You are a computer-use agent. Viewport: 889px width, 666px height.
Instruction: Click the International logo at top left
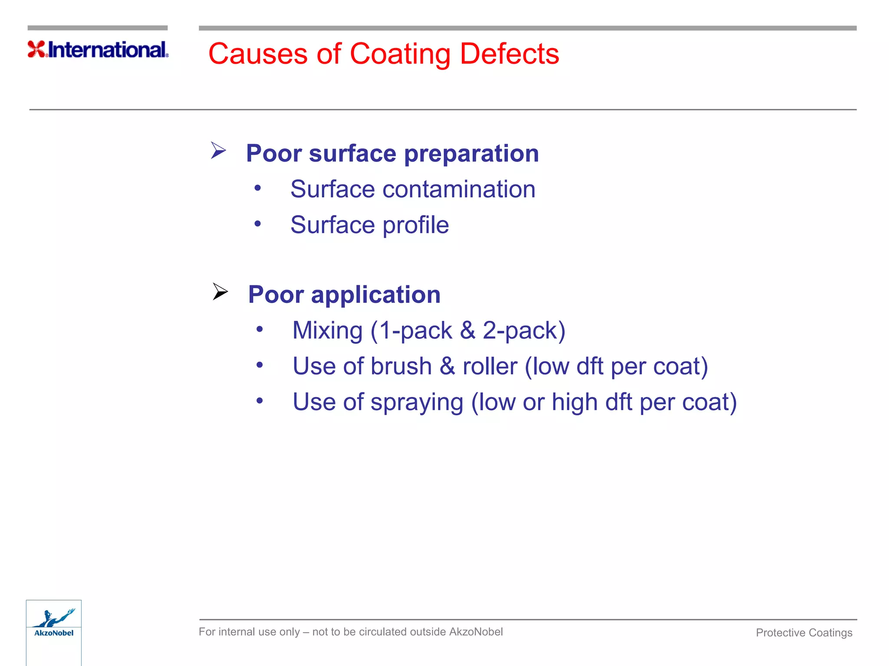pyautogui.click(x=98, y=49)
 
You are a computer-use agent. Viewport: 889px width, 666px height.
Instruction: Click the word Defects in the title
pyautogui.click(x=509, y=54)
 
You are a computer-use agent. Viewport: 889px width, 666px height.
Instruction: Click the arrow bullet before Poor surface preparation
pyautogui.click(x=218, y=150)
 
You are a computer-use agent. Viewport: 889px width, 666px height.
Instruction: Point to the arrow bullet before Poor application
pyautogui.click(x=220, y=291)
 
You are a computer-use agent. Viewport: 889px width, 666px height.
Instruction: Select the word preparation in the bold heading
pyautogui.click(x=471, y=154)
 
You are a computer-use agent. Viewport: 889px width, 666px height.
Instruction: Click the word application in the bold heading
pyautogui.click(x=376, y=295)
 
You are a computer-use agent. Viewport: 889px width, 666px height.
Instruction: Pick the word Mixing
pyautogui.click(x=327, y=331)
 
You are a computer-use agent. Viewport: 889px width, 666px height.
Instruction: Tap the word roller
pyautogui.click(x=490, y=366)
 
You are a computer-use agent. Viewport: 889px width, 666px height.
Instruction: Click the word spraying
pyautogui.click(x=417, y=402)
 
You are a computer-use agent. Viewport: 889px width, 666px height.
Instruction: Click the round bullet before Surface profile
pyautogui.click(x=258, y=224)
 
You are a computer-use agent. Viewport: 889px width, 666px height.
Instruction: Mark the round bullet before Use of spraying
pyautogui.click(x=260, y=401)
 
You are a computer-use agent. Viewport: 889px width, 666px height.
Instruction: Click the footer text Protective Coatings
pyautogui.click(x=804, y=633)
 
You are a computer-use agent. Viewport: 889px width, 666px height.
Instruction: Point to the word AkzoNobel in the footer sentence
pyautogui.click(x=476, y=632)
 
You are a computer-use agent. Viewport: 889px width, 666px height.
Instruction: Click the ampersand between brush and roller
pyautogui.click(x=447, y=366)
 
